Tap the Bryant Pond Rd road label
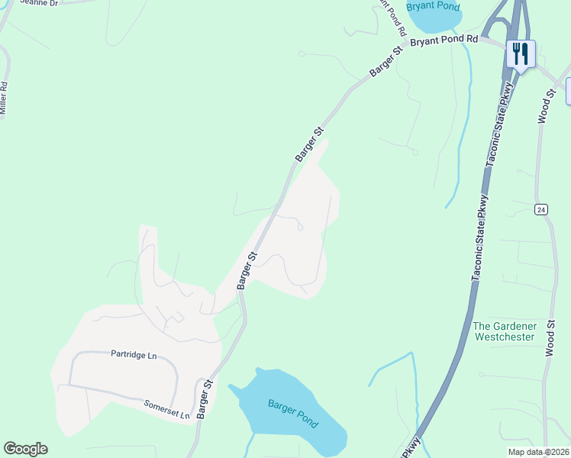(x=444, y=40)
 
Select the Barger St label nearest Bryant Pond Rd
(x=386, y=62)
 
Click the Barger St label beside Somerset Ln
(x=203, y=398)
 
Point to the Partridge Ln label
(x=134, y=354)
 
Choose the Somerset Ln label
(x=166, y=408)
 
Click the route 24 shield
(x=541, y=209)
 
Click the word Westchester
(x=504, y=336)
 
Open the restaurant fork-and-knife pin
(x=521, y=54)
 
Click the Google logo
(x=25, y=449)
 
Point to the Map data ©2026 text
(x=538, y=452)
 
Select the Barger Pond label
(x=293, y=413)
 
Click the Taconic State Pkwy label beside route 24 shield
(x=485, y=239)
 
